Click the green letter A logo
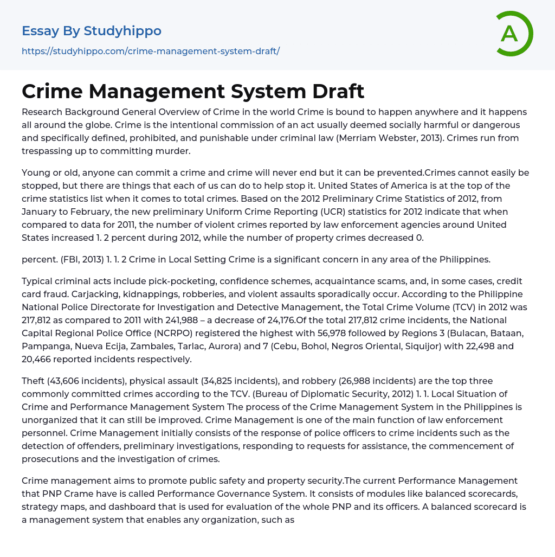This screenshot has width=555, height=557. [x=513, y=34]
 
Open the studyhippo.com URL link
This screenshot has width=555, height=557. [x=151, y=52]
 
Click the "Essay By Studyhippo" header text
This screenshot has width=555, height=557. [x=92, y=31]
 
